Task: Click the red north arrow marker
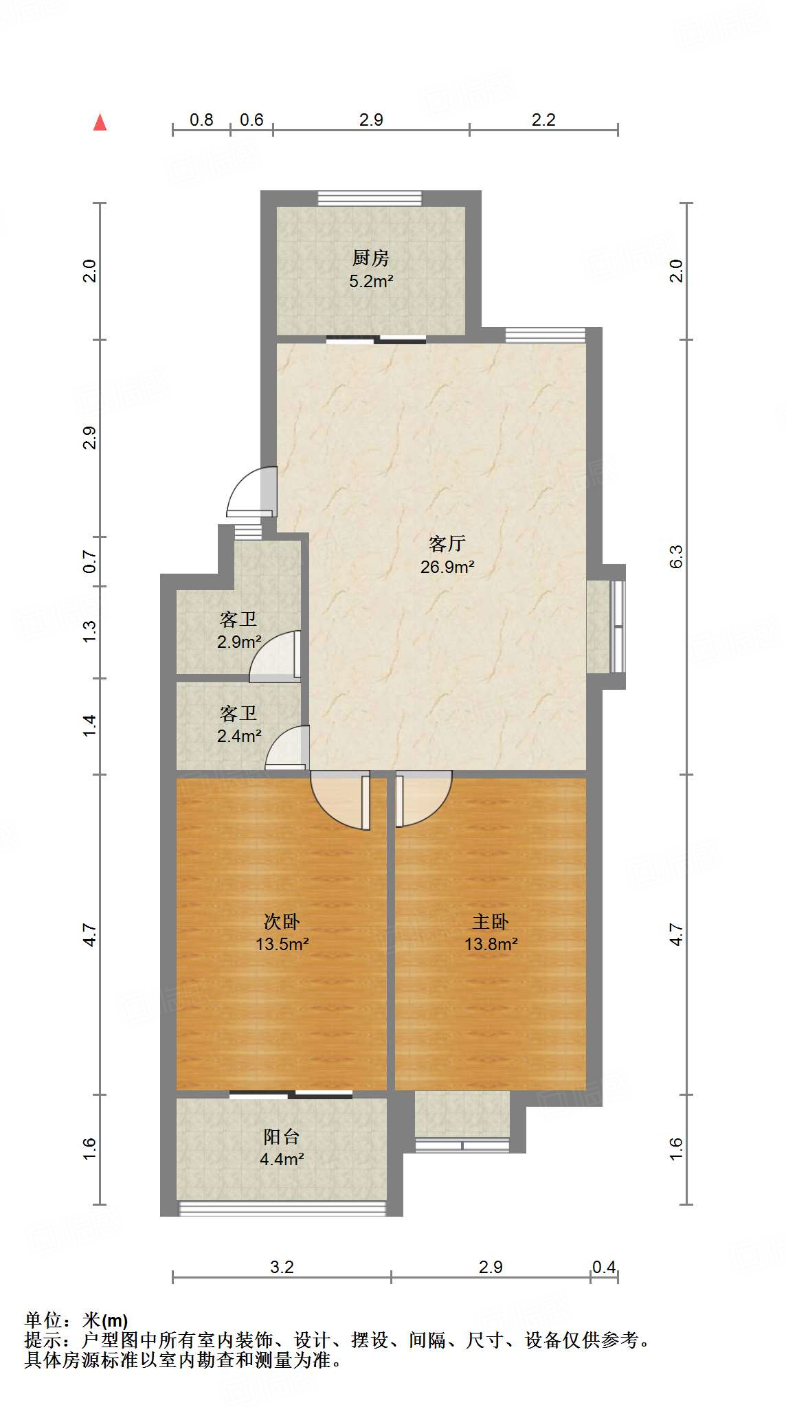100,122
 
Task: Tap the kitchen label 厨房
370,258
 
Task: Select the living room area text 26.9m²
447,567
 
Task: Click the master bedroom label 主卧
490,921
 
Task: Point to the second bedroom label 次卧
282,921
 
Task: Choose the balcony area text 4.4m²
282,1159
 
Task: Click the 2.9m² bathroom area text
238,642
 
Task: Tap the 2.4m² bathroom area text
238,736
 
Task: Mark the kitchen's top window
370,198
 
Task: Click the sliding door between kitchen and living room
376,339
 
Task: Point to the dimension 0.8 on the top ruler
201,120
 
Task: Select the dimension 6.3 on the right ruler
676,556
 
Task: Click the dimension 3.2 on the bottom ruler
282,1267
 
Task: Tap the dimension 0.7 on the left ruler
89,562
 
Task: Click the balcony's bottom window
282,1208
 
